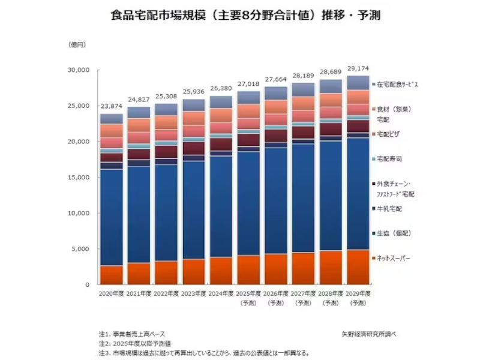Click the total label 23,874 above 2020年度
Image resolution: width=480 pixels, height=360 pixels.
111,106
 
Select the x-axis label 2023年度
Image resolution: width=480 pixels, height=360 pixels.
194,293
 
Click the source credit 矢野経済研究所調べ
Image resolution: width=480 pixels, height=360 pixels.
368,333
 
